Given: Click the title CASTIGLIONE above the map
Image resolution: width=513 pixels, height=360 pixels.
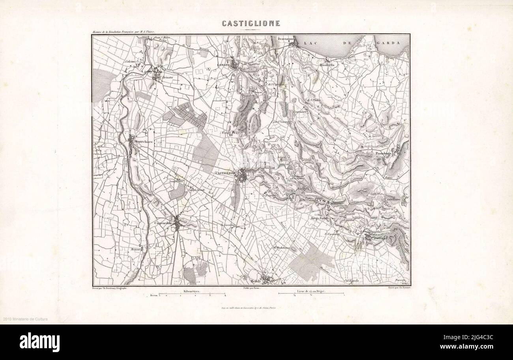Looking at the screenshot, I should tap(251, 23).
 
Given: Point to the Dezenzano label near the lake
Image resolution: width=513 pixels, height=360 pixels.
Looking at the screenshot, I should tap(286, 39).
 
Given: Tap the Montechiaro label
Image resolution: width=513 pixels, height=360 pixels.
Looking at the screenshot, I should tap(144, 142).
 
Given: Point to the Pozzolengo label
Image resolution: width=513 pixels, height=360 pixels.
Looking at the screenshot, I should tap(383, 153).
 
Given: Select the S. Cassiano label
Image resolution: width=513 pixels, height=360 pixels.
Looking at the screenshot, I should tap(332, 234).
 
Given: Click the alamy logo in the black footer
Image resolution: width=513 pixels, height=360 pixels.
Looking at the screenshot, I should tap(39, 342).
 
